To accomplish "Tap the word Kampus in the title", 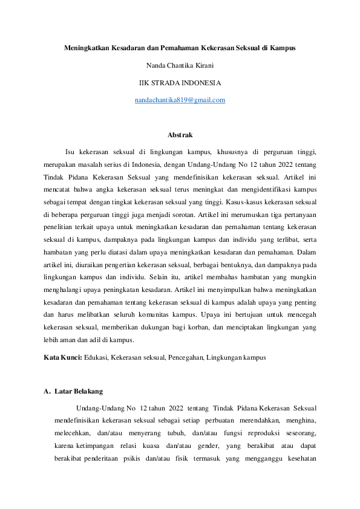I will coord(283,47).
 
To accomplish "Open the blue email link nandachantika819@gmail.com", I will coord(180,100).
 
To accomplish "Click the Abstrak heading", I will coord(180,135).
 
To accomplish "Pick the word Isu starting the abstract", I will coord(70,152).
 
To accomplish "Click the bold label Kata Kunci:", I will coord(64,357).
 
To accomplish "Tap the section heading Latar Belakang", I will coord(79,392).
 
